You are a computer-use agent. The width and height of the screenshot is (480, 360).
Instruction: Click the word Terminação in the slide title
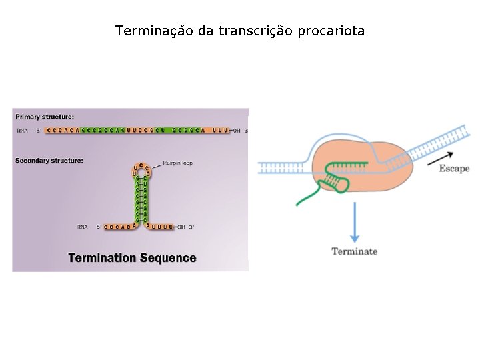pos(154,31)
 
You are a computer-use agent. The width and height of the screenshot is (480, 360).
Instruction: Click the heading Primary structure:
pos(45,117)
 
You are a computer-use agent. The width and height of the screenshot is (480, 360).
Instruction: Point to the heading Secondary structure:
pos(49,161)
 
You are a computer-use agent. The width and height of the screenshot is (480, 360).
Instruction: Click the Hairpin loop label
pos(178,163)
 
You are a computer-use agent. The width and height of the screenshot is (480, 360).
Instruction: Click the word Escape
pos(454,169)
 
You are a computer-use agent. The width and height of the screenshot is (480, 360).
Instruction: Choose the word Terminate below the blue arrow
pos(355,251)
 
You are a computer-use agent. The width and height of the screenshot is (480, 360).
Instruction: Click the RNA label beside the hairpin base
pos(83,227)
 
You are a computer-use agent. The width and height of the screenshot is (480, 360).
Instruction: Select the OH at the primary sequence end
pos(237,131)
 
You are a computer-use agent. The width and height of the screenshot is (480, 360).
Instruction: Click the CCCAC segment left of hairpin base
pos(119,227)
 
